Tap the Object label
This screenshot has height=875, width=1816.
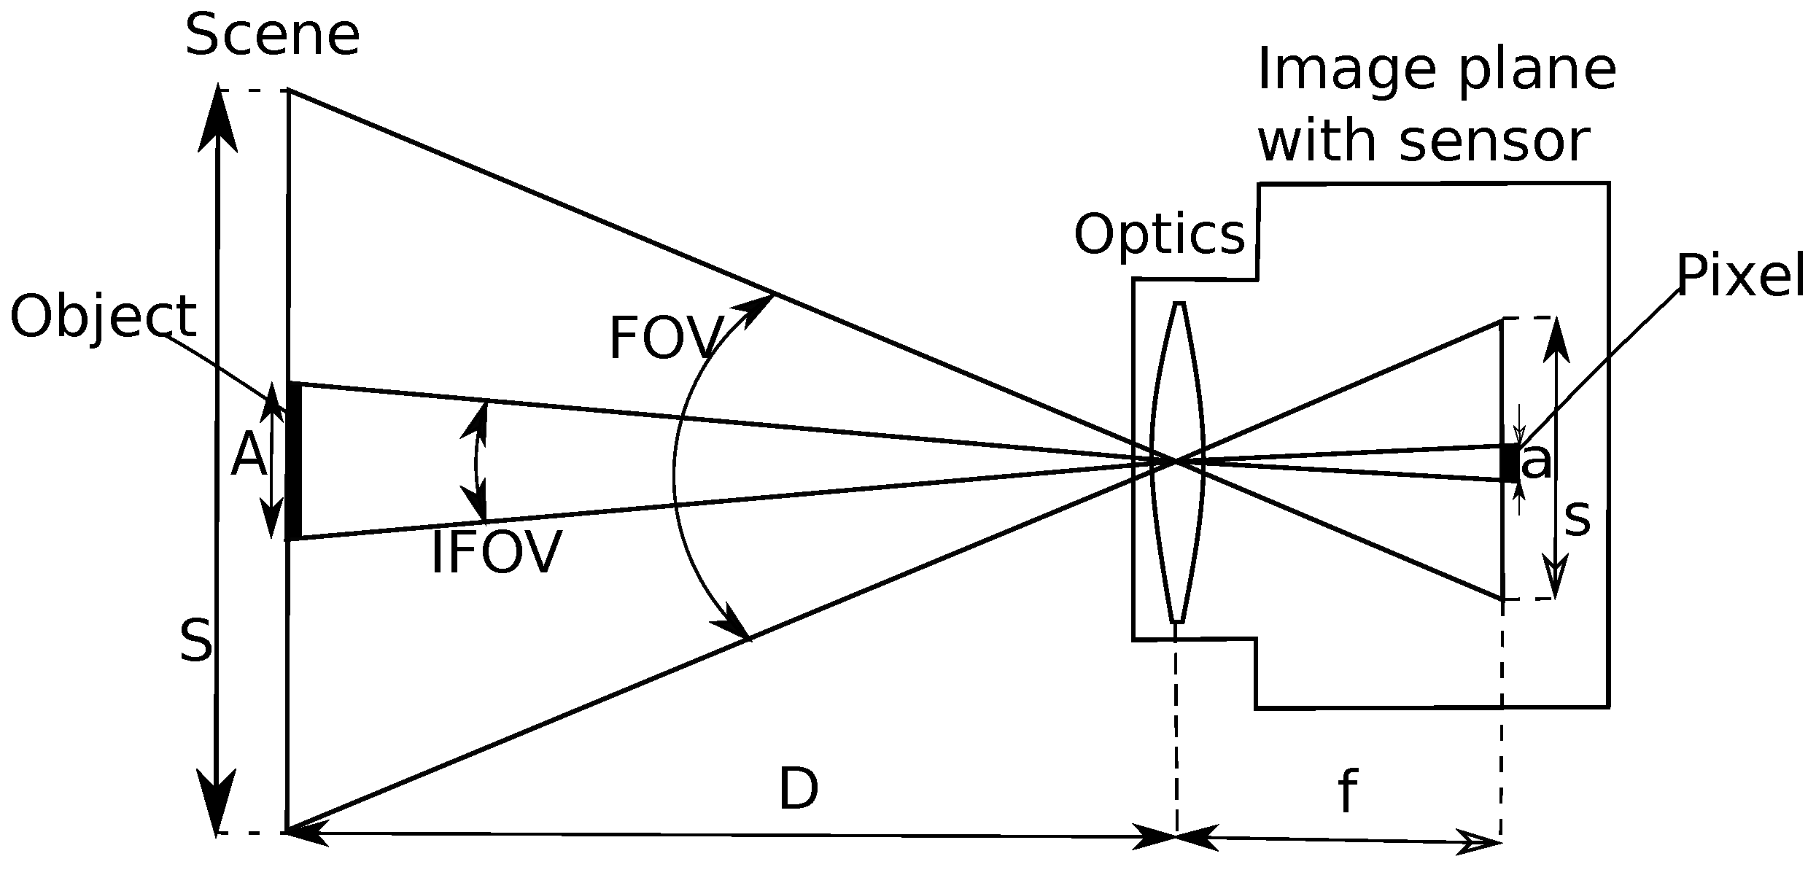[103, 318]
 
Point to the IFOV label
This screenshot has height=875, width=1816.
[496, 554]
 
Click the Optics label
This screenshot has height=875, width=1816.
[1159, 236]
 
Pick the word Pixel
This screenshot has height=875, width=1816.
[1739, 276]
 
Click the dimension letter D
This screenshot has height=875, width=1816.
[799, 790]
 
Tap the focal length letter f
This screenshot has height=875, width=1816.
[1347, 793]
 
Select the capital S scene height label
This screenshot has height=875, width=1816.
[196, 642]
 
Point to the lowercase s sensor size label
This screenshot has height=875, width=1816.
[1577, 519]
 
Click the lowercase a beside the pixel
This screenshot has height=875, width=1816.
[1537, 462]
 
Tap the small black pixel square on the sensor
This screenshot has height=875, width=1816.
[1509, 463]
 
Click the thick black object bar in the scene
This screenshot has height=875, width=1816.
[294, 461]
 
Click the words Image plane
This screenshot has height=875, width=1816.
[1436, 71]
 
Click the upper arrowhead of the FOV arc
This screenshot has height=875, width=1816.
[758, 306]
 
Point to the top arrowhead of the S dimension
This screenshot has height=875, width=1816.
[218, 117]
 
